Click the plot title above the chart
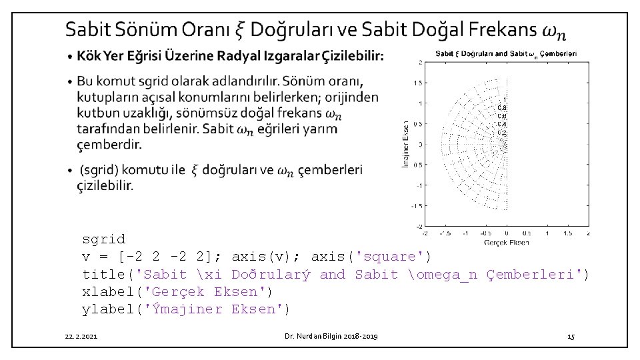click(x=506, y=53)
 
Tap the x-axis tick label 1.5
click(x=568, y=233)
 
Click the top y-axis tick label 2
click(x=419, y=63)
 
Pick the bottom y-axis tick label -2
click(x=418, y=225)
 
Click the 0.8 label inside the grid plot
click(x=503, y=107)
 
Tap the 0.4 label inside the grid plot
click(x=503, y=123)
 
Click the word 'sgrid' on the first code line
click(x=103, y=239)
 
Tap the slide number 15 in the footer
click(x=571, y=337)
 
